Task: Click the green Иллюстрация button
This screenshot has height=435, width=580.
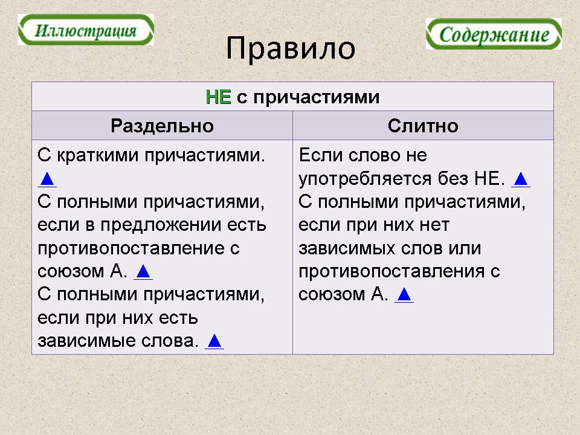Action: pos(86,30)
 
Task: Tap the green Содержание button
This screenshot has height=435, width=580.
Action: pos(494,34)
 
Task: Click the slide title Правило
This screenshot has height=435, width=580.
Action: pos(291,48)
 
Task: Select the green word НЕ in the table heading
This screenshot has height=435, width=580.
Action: pos(218,97)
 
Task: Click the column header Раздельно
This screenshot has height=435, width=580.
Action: pos(162,126)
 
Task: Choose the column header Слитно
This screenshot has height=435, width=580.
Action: pos(423,126)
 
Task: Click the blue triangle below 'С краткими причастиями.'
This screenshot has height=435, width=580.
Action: pos(47,179)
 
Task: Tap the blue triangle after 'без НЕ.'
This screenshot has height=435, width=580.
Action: pos(520,179)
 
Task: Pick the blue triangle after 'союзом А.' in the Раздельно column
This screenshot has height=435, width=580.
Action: pos(143,272)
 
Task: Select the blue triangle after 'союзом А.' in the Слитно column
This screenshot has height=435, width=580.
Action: pos(404,295)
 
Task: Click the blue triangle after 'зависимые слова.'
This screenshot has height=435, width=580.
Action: pos(214,341)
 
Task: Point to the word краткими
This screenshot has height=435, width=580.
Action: pos(98,155)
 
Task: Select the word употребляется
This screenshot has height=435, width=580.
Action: pos(365,179)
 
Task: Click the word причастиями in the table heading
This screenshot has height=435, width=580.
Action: pos(316,98)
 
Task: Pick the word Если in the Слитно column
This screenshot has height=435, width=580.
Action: pos(320,155)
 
